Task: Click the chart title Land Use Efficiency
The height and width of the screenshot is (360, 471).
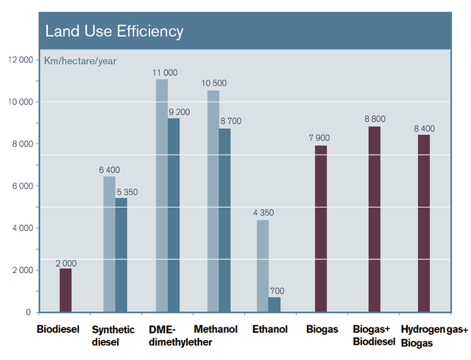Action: [114, 32]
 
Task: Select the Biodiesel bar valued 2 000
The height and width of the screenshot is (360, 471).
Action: [65, 290]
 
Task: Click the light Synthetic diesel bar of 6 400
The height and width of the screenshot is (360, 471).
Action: [109, 244]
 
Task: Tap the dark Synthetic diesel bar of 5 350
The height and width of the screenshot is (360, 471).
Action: [121, 255]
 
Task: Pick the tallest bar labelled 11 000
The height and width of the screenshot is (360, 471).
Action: [161, 195]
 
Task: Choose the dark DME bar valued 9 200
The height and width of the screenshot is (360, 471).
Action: [173, 215]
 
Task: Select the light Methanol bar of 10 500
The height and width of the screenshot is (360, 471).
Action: [213, 201]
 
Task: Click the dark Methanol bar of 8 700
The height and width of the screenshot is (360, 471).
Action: [224, 220]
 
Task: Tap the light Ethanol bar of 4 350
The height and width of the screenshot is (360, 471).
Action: [262, 266]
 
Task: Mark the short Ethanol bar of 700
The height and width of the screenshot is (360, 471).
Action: [274, 304]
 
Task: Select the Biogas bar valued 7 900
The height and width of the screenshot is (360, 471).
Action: [320, 228]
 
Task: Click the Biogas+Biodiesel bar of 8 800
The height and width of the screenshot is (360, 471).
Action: [374, 219]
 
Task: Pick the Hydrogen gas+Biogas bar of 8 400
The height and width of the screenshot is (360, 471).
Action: [423, 223]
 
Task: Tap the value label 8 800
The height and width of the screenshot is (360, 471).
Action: [374, 119]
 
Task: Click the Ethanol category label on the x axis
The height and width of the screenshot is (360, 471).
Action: [269, 329]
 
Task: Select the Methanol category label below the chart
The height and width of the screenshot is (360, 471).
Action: [215, 329]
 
